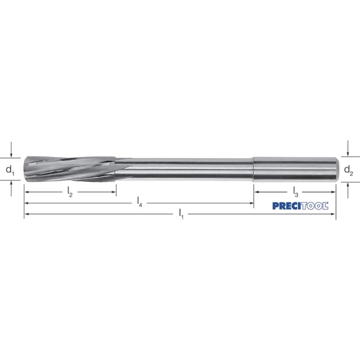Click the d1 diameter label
pos(10,170)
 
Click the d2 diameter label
pos(348,170)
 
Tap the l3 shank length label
pos(296,192)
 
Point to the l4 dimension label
pos(140,202)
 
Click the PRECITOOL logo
pos(300,206)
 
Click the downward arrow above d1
pos(11,150)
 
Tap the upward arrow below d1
pos(11,188)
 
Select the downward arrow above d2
pos(348,148)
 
